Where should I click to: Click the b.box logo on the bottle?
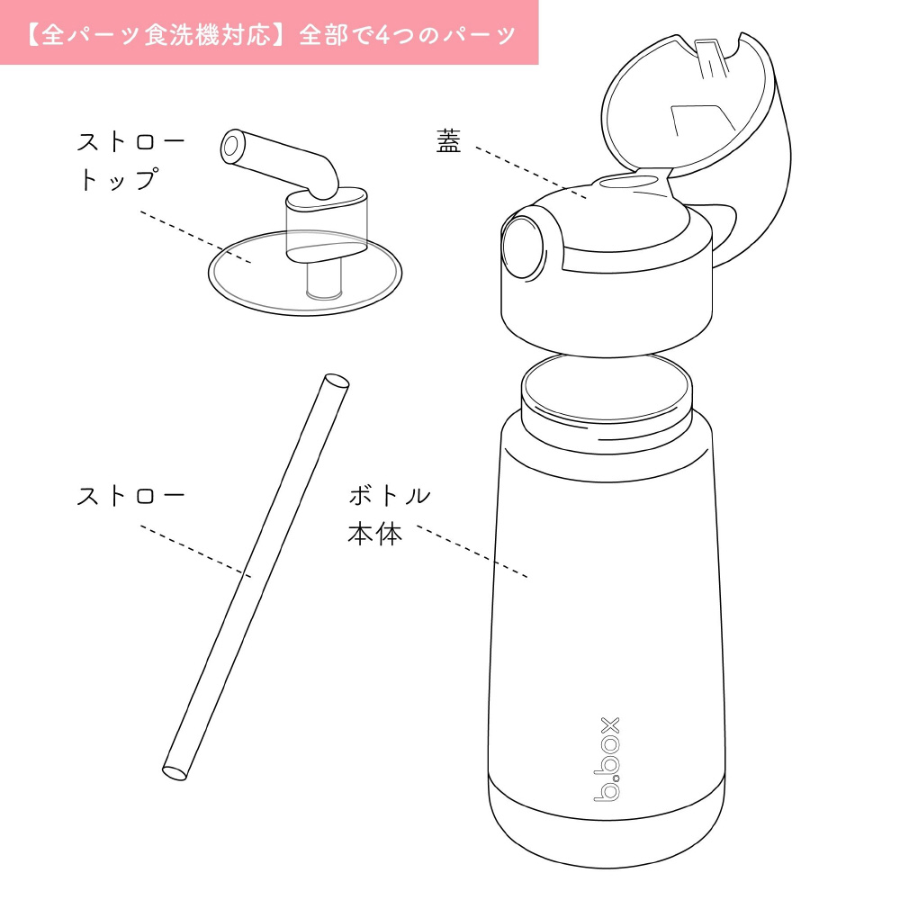[x=607, y=759]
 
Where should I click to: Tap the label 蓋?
[x=448, y=141]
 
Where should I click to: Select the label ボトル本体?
[x=390, y=515]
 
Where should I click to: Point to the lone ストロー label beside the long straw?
[x=130, y=496]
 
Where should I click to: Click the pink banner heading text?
[x=270, y=35]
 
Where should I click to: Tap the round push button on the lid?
[x=522, y=247]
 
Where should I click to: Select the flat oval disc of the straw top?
[x=305, y=273]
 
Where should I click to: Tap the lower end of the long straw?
[x=175, y=772]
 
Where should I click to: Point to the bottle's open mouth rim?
[x=607, y=389]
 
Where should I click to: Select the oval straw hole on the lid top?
[x=628, y=182]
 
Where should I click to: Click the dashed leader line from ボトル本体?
[x=472, y=551]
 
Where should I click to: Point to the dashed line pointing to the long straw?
[x=195, y=551]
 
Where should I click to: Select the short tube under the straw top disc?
[x=324, y=281]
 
